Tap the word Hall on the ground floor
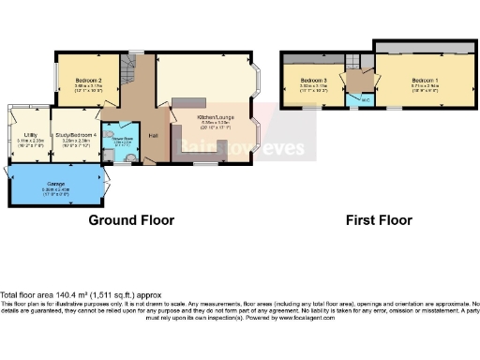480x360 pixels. tap(151, 136)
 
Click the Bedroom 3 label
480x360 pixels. tap(313, 82)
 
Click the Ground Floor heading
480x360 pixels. tap(131, 221)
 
